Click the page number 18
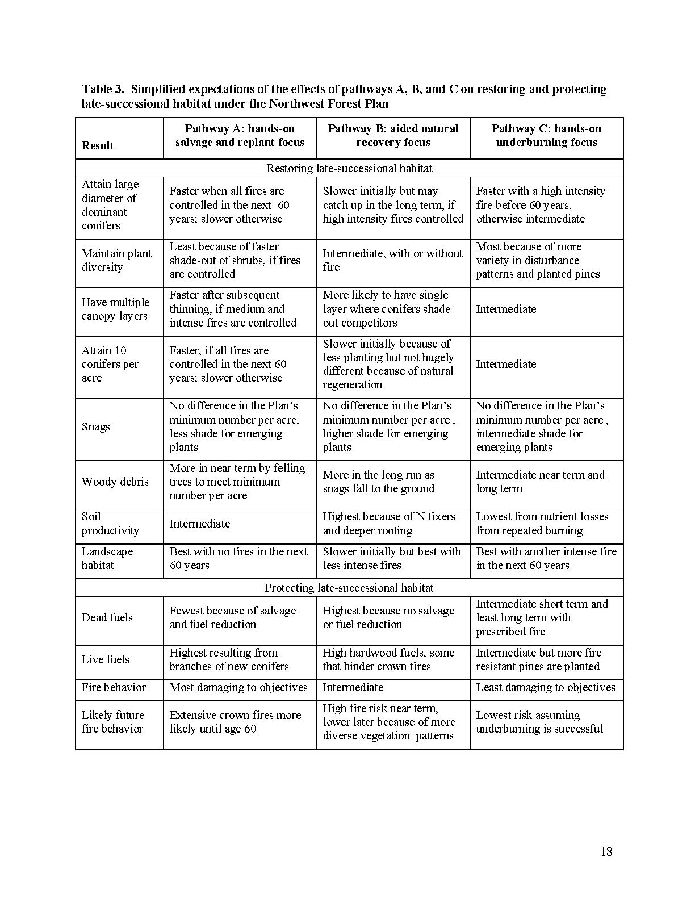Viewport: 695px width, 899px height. pyautogui.click(x=606, y=851)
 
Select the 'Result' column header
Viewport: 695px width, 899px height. pyautogui.click(x=98, y=145)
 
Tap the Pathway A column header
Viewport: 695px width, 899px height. pyautogui.click(x=240, y=135)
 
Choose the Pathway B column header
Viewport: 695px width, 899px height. pyautogui.click(x=393, y=135)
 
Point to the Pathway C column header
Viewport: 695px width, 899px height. pyautogui.click(x=546, y=135)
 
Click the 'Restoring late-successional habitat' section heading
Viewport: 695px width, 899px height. pyautogui.click(x=349, y=168)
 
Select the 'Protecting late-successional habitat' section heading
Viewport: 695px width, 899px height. pyautogui.click(x=349, y=588)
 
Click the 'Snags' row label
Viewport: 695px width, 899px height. pyautogui.click(x=96, y=426)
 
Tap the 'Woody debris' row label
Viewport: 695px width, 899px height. pyautogui.click(x=115, y=482)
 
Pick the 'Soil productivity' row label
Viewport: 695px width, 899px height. pyautogui.click(x=110, y=524)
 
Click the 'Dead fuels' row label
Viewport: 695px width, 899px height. pyautogui.click(x=107, y=617)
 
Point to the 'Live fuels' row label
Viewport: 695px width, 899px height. pyautogui.click(x=106, y=659)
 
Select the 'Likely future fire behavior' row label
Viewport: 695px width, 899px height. pyautogui.click(x=113, y=722)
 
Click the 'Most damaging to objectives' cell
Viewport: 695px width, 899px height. pyautogui.click(x=238, y=687)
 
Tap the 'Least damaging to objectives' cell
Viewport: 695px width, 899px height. pyautogui.click(x=545, y=687)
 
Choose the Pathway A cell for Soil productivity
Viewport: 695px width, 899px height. pyautogui.click(x=200, y=524)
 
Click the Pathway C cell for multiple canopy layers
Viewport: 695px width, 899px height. pyautogui.click(x=506, y=309)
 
